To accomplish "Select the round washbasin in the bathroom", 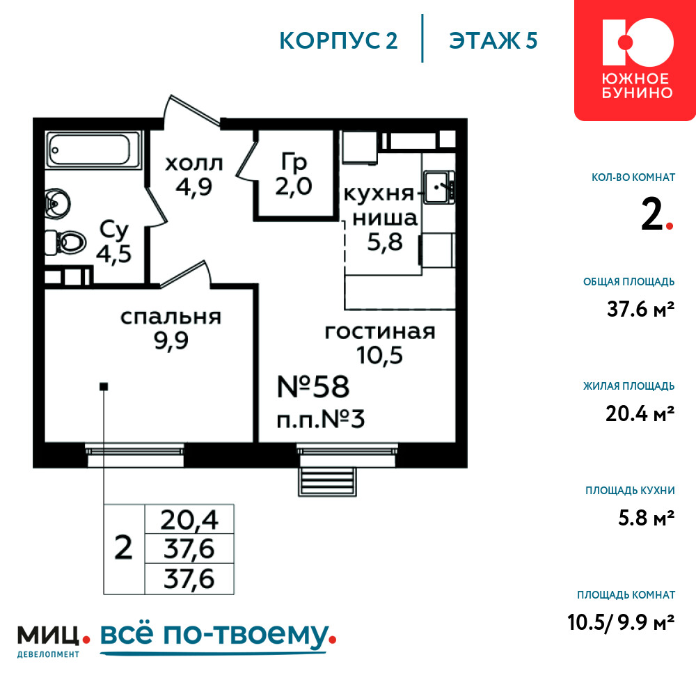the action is (x=58, y=204).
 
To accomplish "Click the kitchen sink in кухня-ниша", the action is (x=438, y=187).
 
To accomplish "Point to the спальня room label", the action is (x=171, y=317).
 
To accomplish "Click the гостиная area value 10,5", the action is (x=379, y=355).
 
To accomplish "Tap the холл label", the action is (x=194, y=164).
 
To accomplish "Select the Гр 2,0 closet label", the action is (x=294, y=174).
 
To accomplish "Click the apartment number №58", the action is (x=313, y=386).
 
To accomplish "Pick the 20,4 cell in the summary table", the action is (x=189, y=519).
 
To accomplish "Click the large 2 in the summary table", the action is (x=123, y=548).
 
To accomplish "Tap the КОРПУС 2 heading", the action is (x=338, y=40).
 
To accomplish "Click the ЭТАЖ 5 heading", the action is (x=493, y=40).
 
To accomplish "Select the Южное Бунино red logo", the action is (x=635, y=60).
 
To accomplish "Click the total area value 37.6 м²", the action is (x=640, y=309).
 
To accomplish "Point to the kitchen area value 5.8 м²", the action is (x=647, y=518).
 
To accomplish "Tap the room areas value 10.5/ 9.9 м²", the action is (x=621, y=622).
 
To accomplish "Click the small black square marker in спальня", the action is (x=104, y=386).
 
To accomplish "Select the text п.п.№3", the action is (x=320, y=419).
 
